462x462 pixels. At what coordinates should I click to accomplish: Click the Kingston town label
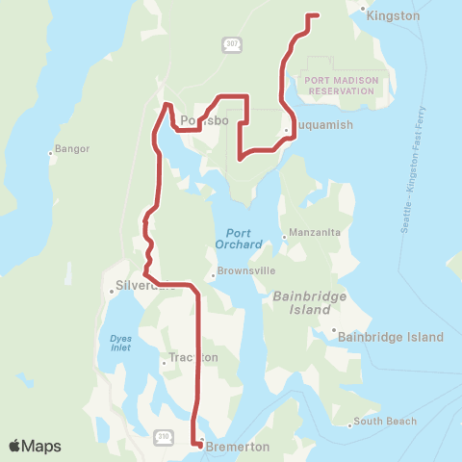(394, 16)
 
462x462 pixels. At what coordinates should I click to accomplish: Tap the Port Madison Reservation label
(339, 85)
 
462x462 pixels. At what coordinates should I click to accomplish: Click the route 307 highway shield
(231, 43)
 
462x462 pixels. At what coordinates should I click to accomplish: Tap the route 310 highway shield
(165, 435)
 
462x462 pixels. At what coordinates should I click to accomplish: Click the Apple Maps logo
(34, 446)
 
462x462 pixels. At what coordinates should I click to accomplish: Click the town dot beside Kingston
(362, 9)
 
